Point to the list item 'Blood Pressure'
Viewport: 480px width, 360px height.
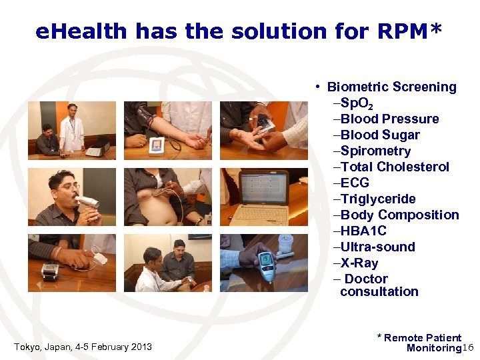pyautogui.click(x=390, y=119)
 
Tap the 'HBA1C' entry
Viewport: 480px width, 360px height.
pyautogui.click(x=363, y=231)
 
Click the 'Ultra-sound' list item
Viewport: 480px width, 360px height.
pyautogui.click(x=378, y=247)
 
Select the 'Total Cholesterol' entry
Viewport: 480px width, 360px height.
pyautogui.click(x=395, y=167)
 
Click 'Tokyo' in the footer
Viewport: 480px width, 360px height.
pyautogui.click(x=27, y=347)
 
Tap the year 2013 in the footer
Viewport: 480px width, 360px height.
pyautogui.click(x=141, y=347)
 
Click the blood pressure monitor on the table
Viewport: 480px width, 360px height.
pyautogui.click(x=157, y=145)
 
